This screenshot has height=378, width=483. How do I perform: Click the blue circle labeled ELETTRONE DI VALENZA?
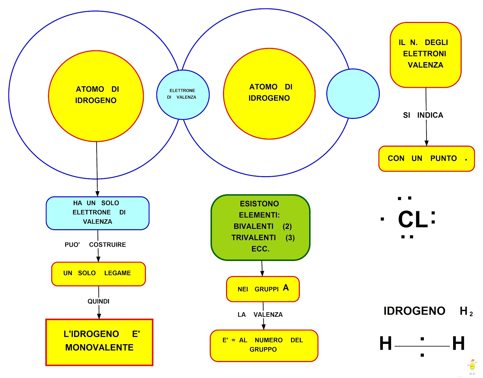point(183,94)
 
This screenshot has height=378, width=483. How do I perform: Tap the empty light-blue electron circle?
point(353,94)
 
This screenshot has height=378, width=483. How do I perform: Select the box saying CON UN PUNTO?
point(426,159)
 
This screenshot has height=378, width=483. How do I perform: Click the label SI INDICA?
point(423,115)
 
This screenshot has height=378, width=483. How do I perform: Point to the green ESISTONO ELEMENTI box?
point(260,227)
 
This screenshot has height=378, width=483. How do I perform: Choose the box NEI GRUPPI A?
point(263,289)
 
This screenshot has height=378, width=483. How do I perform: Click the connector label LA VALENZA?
point(260,315)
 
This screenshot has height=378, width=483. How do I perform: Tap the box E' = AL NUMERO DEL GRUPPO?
point(264,345)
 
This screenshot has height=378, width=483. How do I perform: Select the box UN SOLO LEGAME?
point(98,274)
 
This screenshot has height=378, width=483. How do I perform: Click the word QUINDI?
point(98,301)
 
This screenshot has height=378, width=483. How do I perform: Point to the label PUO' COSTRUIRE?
point(95,245)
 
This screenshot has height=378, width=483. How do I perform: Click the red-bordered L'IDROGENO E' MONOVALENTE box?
point(99,342)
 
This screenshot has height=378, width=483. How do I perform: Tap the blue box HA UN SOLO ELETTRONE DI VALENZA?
point(97,213)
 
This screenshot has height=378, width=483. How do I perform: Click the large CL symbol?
point(413,219)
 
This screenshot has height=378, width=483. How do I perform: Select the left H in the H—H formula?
point(385,344)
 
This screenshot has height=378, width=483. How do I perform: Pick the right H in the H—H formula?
point(458,344)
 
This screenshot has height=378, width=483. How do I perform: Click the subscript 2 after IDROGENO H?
point(471,314)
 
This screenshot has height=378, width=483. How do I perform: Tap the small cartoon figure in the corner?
point(472,367)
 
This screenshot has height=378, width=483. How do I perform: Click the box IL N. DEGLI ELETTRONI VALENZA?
point(425,55)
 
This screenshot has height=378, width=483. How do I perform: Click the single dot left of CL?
point(382,219)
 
